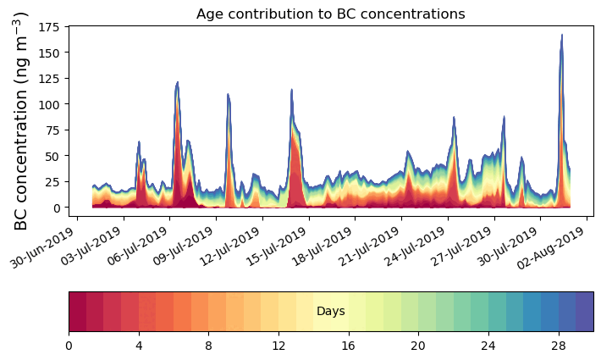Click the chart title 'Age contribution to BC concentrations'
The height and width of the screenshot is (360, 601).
330,14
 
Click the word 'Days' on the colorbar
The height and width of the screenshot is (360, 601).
330,312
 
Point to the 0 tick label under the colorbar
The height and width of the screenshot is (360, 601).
69,346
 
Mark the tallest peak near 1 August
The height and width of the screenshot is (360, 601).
561,36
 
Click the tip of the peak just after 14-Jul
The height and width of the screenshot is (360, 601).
291,90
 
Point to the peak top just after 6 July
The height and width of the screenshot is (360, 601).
177,83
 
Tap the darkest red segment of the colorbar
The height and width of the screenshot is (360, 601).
77,312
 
